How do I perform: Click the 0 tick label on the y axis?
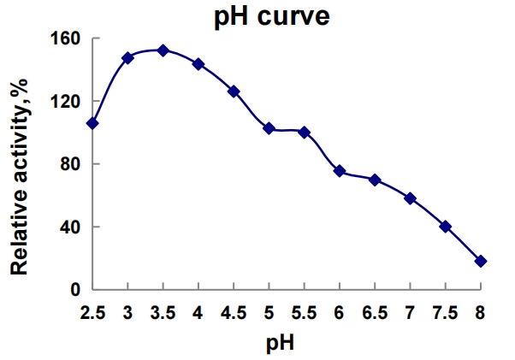coord(75,290)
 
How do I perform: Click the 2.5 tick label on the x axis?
coord(92,313)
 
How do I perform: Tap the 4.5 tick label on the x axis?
coord(234,313)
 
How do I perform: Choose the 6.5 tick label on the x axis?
coord(375,313)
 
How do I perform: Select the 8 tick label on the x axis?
coord(481,313)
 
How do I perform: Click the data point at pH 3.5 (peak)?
coord(163,50)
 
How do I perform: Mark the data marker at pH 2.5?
coord(92,123)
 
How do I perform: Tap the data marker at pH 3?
coord(127,57)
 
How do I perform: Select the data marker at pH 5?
coord(269,128)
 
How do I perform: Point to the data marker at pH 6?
coord(340,171)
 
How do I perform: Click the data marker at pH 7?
coord(410,198)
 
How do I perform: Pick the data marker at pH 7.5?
coord(445,227)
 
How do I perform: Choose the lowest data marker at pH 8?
coord(481,261)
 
